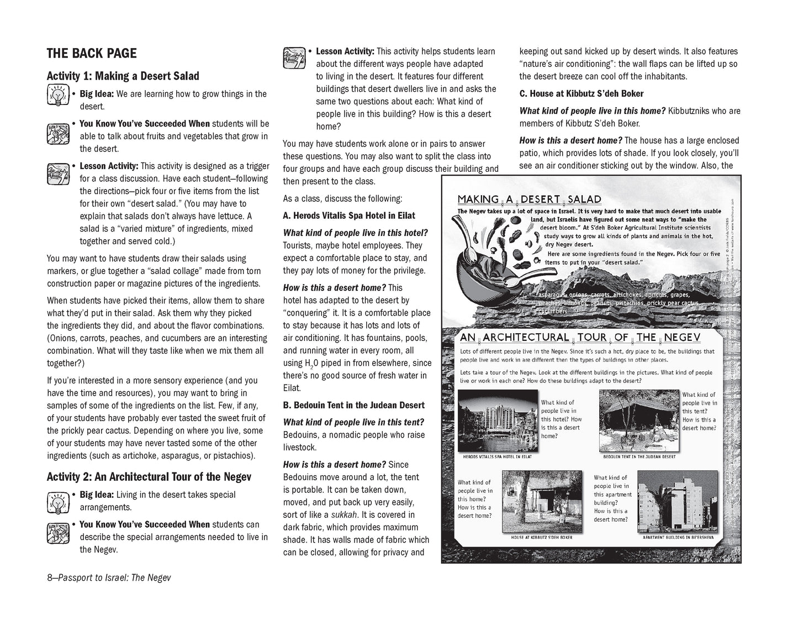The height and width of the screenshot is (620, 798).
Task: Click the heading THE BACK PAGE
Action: coord(92,54)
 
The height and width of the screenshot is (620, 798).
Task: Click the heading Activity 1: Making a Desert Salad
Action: coord(123,76)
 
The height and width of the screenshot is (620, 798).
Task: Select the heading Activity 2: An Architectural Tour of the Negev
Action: coord(149,477)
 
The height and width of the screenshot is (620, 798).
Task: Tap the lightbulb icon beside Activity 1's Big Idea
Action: coord(57,96)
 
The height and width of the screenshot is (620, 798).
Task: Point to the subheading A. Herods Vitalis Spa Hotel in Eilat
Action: coord(348,216)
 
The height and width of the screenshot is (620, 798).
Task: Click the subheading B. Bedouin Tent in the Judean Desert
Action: coord(353,405)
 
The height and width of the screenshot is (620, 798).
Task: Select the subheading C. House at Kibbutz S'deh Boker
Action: coord(581,93)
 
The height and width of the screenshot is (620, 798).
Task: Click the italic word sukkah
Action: coord(343,515)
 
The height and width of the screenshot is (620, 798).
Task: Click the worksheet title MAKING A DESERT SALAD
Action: coord(529,199)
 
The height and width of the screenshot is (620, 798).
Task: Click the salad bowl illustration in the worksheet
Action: coord(486,260)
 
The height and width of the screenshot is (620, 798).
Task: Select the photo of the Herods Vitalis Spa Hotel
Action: coord(498,422)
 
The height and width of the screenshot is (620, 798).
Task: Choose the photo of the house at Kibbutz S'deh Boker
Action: coord(541,502)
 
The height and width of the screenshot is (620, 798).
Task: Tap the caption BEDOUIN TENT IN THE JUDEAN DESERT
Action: coord(640,457)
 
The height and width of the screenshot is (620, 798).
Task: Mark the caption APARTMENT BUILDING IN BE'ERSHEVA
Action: coord(678,537)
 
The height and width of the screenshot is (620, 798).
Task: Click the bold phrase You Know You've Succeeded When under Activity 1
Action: coord(145,124)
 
